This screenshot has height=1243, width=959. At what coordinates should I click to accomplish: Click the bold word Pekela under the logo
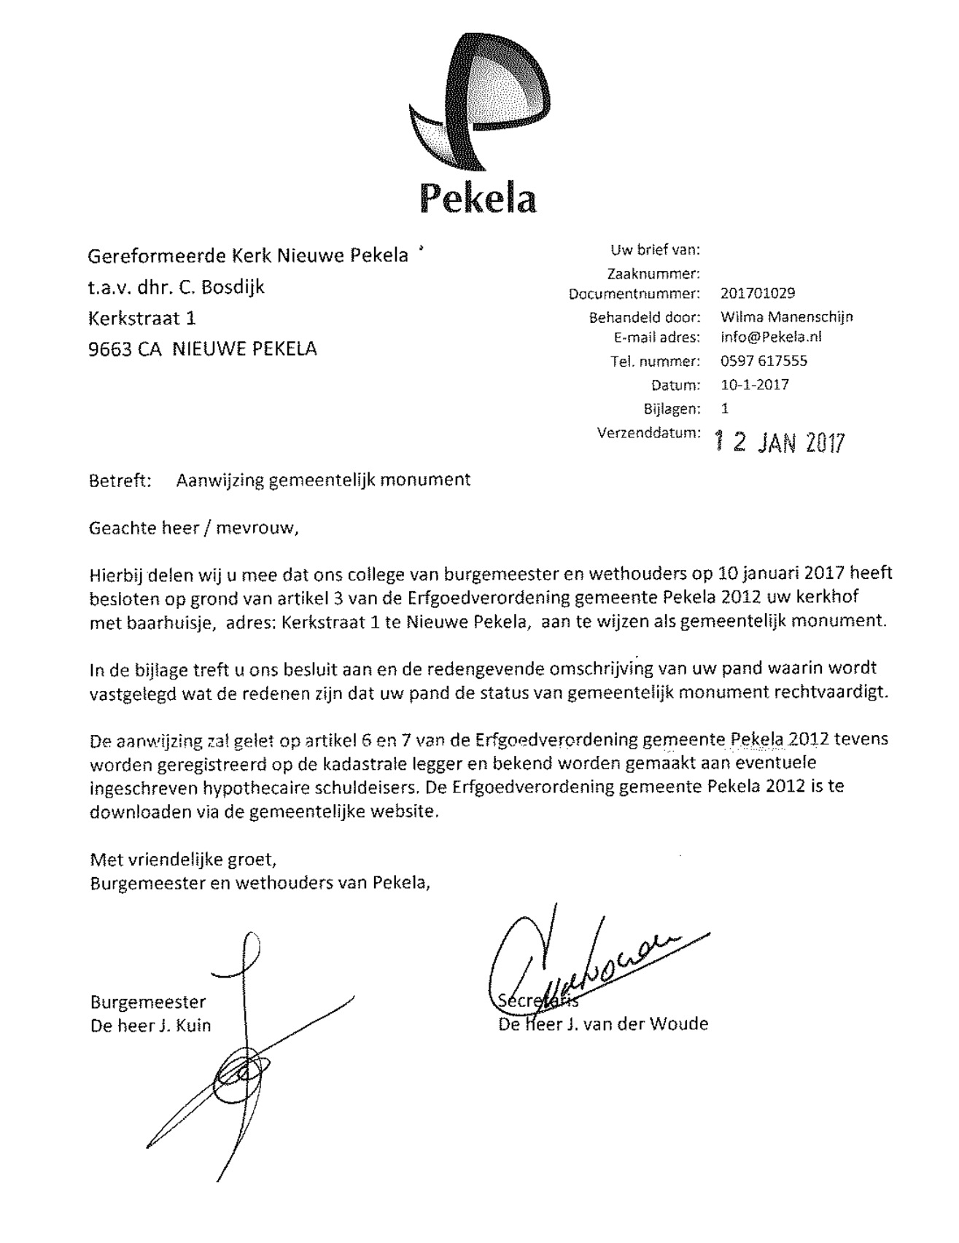(478, 198)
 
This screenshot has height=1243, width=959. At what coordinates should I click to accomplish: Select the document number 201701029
(757, 293)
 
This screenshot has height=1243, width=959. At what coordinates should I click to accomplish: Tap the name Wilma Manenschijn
(786, 316)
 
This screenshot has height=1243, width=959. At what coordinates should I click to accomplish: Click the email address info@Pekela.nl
(771, 338)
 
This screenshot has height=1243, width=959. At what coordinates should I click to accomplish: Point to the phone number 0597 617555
(764, 361)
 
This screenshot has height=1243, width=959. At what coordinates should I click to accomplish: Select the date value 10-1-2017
(754, 384)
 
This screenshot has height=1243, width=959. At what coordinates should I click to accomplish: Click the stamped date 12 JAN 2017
(779, 442)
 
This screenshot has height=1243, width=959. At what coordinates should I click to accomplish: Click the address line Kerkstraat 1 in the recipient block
(142, 319)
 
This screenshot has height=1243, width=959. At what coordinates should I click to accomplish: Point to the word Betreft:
(120, 480)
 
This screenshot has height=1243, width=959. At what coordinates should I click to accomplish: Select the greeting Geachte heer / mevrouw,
(194, 527)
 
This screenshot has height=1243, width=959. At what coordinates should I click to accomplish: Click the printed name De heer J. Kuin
(150, 1025)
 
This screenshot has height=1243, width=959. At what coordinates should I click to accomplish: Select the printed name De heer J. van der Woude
(602, 1024)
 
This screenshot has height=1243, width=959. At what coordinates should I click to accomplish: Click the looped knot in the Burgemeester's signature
(238, 1071)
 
